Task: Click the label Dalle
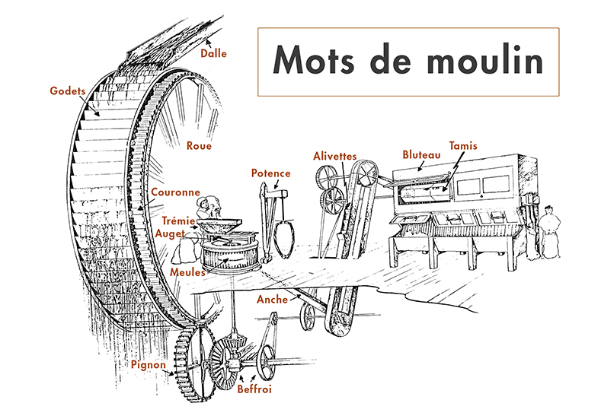coord(214,54)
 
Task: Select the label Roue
coord(199,146)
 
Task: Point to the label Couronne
coord(175,192)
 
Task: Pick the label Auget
coord(171,233)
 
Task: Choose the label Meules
coord(187,271)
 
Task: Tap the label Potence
coord(270,173)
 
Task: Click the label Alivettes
coord(335,156)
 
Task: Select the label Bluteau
coord(421,154)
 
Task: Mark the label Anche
coord(272,299)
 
